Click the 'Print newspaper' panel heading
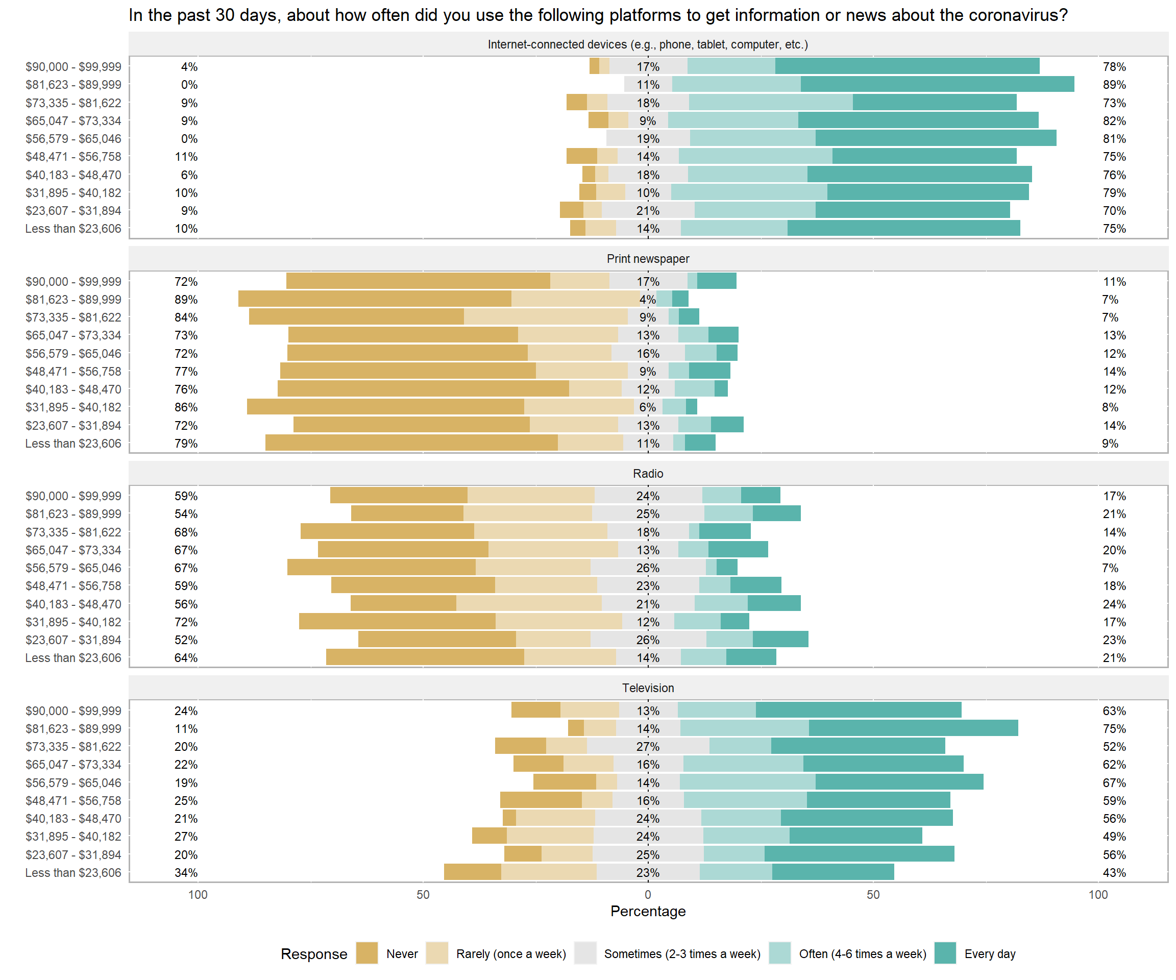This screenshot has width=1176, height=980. point(648,259)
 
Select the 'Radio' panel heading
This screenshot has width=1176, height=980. point(648,473)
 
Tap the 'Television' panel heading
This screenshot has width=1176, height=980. point(648,688)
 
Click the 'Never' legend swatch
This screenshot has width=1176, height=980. point(367,953)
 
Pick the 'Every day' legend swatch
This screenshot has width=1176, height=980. point(945,953)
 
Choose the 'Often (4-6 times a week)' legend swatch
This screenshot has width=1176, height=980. point(779,953)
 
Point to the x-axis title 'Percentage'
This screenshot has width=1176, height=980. point(648,911)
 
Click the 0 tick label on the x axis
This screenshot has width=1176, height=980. point(648,894)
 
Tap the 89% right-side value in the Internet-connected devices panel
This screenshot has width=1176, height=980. point(1114,85)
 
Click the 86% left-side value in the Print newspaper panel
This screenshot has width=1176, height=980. point(186,407)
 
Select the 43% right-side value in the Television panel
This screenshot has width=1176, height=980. point(1114,872)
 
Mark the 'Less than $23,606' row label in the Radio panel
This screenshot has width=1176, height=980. point(73,657)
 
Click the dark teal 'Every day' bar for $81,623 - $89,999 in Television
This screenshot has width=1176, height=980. point(913,728)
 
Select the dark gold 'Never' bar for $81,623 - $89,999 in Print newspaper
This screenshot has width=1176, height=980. point(374,299)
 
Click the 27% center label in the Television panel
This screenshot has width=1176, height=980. point(648,746)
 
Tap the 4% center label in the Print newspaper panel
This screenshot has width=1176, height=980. point(647,300)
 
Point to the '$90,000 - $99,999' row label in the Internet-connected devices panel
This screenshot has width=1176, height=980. point(73,67)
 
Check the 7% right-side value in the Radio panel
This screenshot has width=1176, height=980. point(1110,568)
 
